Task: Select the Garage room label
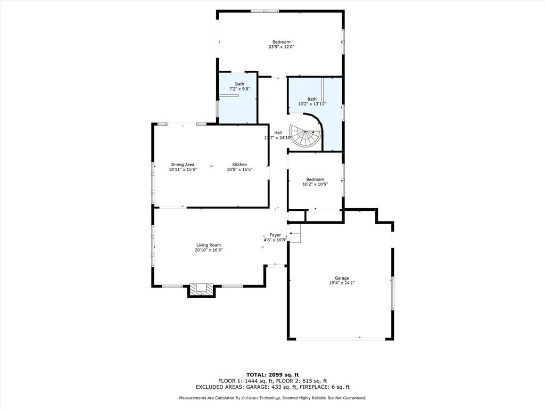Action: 342,278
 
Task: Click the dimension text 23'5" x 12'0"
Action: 281,47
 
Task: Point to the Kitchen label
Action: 240,165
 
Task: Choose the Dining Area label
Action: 183,165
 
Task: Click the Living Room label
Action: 208,245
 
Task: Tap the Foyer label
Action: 275,235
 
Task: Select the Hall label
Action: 278,133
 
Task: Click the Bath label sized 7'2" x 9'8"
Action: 240,84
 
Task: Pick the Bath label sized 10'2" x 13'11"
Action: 311,99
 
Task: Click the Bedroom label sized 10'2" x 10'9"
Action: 315,179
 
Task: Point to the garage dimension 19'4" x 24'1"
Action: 342,283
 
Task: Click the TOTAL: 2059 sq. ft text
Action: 272,374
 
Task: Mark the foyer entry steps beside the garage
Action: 295,233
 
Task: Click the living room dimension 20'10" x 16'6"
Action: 208,250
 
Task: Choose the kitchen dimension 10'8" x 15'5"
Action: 240,170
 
